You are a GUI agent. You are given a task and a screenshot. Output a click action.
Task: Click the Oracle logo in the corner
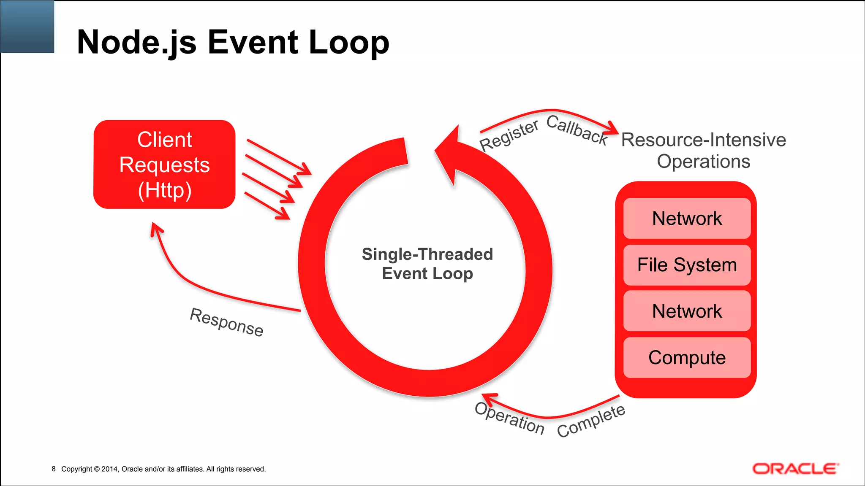[795, 469]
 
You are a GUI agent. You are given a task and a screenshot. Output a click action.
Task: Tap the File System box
[687, 265]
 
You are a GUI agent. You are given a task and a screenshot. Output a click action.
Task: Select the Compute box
[687, 357]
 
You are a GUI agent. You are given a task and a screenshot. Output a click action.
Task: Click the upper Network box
[687, 219]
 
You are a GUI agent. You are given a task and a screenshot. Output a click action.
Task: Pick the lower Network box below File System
[687, 311]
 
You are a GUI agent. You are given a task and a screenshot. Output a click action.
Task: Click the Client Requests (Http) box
[164, 165]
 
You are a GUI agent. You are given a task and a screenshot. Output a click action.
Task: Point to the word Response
[226, 322]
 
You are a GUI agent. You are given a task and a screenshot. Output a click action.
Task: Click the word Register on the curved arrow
[509, 135]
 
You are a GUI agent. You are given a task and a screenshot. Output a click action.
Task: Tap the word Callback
[577, 130]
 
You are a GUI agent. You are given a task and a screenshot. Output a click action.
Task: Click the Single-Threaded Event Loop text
[427, 264]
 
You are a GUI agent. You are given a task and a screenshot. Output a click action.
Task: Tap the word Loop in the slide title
[348, 42]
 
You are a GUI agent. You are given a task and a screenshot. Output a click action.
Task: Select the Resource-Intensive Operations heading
[703, 151]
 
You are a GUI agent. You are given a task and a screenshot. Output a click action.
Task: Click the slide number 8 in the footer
[54, 469]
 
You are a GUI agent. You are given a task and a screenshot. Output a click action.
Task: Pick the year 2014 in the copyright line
[109, 469]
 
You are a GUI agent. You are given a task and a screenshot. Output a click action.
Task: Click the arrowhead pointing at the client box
[156, 229]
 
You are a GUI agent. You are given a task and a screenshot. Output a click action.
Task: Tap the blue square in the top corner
[27, 26]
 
